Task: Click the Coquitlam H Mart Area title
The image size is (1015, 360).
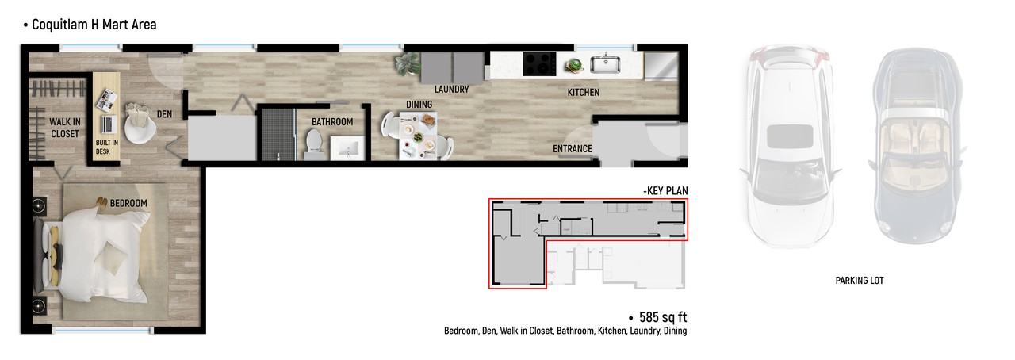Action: click(x=94, y=25)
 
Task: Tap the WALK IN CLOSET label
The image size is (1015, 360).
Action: click(x=65, y=128)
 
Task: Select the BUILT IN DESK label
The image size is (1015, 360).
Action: click(x=106, y=147)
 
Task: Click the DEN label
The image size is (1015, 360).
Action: click(x=164, y=114)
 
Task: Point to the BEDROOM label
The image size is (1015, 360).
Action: click(x=128, y=203)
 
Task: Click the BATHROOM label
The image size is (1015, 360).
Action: click(x=332, y=122)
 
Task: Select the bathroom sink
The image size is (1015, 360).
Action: click(x=347, y=147)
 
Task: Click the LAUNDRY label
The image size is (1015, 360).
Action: click(x=452, y=90)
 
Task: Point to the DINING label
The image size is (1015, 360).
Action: click(x=419, y=105)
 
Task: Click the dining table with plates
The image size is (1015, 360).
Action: click(x=418, y=136)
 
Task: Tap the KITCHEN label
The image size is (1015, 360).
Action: click(x=584, y=93)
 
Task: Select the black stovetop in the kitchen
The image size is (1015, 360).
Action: click(x=539, y=64)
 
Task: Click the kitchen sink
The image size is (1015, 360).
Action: click(x=605, y=65)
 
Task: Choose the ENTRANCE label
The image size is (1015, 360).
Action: click(x=573, y=149)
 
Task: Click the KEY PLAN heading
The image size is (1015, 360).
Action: click(x=665, y=191)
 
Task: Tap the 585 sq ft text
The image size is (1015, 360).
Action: click(x=663, y=317)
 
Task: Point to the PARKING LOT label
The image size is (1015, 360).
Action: click(x=860, y=281)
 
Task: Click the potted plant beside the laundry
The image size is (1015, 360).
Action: click(x=408, y=64)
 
